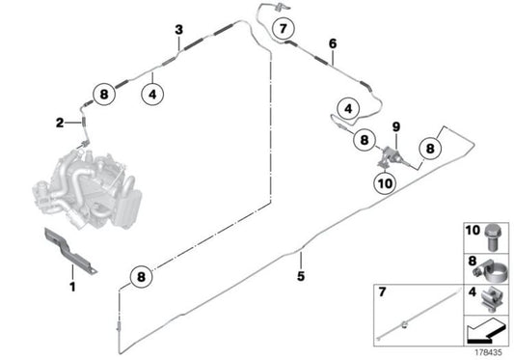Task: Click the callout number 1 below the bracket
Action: point(72,287)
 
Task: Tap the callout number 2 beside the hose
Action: point(60,124)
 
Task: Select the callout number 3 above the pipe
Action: point(178,30)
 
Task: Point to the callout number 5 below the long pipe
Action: point(301,276)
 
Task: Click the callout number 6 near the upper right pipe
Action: point(333,43)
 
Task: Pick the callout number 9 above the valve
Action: point(396,126)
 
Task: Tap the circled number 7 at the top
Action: point(283,29)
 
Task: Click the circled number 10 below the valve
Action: point(385,183)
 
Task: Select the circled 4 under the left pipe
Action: point(152,95)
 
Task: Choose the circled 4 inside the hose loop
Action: point(348,108)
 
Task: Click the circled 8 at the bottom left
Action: point(141,277)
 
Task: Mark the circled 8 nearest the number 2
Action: point(104,95)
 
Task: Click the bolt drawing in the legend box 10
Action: point(491,237)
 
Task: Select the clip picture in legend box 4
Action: point(491,299)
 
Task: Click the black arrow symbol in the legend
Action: point(486,330)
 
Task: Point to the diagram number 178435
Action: point(488,353)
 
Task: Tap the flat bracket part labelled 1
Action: point(69,250)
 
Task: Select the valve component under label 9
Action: point(391,157)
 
